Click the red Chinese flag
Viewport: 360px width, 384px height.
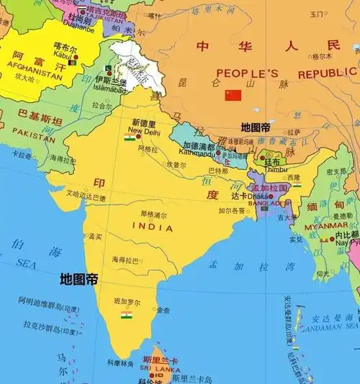[x=233, y=95]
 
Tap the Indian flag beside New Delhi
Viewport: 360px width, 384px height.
[x=130, y=136]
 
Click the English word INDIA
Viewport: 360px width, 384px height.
[x=153, y=227]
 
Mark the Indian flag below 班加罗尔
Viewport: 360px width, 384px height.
[x=127, y=315]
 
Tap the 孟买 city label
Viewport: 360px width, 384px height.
[x=95, y=236]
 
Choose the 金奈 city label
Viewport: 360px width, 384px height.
[x=163, y=311]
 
